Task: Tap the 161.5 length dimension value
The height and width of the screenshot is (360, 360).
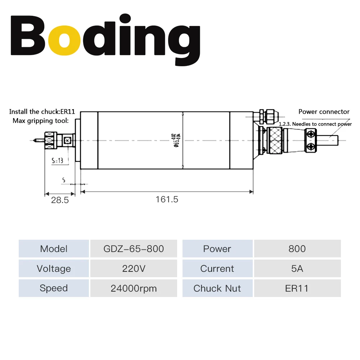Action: click(x=167, y=199)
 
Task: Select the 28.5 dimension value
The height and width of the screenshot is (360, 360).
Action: click(x=60, y=200)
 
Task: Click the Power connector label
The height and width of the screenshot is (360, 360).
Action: click(x=324, y=112)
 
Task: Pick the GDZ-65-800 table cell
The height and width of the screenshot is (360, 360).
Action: click(x=134, y=249)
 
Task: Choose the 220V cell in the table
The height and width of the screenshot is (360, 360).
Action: click(x=134, y=269)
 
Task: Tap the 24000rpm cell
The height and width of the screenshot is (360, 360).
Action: click(x=134, y=288)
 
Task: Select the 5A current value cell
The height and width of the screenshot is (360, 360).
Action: click(x=297, y=269)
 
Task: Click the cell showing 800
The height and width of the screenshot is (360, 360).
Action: click(x=297, y=249)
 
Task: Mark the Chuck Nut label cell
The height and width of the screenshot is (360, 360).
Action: click(x=217, y=288)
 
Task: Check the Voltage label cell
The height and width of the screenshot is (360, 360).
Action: click(x=54, y=269)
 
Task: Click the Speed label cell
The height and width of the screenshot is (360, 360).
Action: click(x=54, y=288)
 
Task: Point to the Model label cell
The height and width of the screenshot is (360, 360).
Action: click(x=54, y=249)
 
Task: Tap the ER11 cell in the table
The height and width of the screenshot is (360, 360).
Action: click(x=297, y=288)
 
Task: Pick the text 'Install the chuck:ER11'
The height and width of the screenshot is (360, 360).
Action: click(x=42, y=112)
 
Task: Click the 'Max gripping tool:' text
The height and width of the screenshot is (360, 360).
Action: click(x=40, y=121)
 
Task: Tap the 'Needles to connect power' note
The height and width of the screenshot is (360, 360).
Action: click(x=315, y=124)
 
